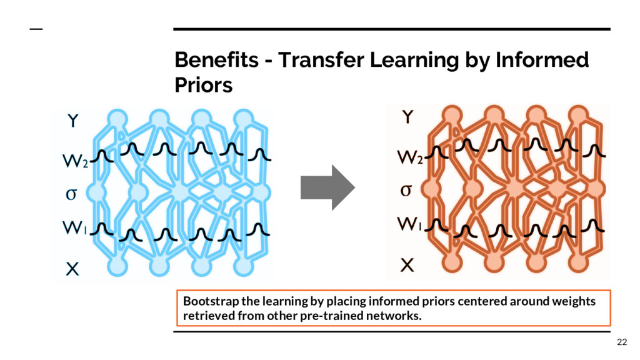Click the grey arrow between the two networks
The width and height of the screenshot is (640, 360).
[327, 187]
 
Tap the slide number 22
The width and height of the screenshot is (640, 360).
[621, 341]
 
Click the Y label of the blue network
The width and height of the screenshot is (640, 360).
[72, 121]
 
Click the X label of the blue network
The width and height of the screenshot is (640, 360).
[72, 269]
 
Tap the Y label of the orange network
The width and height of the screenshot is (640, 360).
[407, 117]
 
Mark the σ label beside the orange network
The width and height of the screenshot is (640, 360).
[406, 189]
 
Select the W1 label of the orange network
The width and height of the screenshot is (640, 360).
[411, 224]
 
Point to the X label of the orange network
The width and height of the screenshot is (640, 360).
[407, 266]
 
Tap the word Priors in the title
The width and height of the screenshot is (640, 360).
[203, 84]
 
